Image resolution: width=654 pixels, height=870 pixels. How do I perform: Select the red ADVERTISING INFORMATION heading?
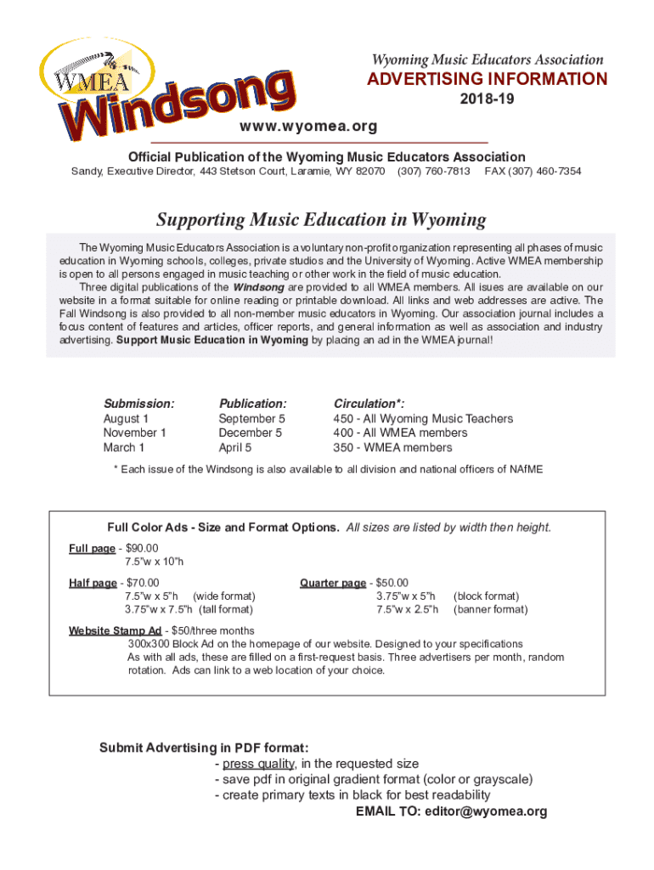click(x=487, y=80)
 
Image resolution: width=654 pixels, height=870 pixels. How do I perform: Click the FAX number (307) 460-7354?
click(x=533, y=172)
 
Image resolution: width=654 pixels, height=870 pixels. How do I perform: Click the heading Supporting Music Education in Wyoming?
click(x=326, y=220)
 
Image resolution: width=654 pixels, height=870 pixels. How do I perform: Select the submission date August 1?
click(x=126, y=419)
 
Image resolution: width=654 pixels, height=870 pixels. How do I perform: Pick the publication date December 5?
click(x=251, y=433)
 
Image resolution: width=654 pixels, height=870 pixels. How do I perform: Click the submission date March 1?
click(x=124, y=448)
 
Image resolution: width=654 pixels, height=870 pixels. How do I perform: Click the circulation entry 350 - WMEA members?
click(x=392, y=448)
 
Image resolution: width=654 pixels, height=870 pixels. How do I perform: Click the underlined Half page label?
click(x=93, y=583)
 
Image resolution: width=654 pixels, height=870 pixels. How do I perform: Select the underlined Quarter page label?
click(x=332, y=583)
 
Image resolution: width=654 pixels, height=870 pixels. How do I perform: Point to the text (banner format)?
click(x=491, y=610)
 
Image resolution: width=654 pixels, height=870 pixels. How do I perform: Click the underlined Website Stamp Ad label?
click(x=115, y=631)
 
